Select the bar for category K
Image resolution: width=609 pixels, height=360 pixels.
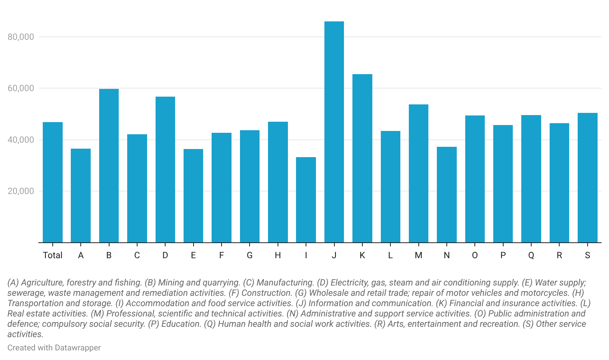tap(362, 158)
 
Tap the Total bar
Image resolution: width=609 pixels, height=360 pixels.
tap(53, 182)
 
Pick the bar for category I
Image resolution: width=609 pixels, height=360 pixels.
tap(306, 200)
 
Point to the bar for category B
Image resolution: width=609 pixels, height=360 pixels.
tap(109, 166)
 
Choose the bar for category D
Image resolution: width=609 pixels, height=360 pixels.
tap(165, 169)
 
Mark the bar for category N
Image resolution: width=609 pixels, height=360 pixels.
tap(446, 194)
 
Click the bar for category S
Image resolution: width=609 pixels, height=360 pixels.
tap(587, 177)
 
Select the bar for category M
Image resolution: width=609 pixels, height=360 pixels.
tap(418, 173)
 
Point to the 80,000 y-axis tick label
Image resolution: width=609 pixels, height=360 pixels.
tap(21, 37)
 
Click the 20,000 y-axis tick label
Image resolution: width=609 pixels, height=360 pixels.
tap(21, 191)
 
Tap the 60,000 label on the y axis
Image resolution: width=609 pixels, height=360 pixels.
tap(21, 88)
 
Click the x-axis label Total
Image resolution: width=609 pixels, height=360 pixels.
tap(53, 255)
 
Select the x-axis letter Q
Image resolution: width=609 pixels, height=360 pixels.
tap(531, 255)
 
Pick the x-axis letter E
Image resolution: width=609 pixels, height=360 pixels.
tap(193, 255)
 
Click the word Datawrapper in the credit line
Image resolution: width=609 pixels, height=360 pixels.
tap(77, 348)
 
